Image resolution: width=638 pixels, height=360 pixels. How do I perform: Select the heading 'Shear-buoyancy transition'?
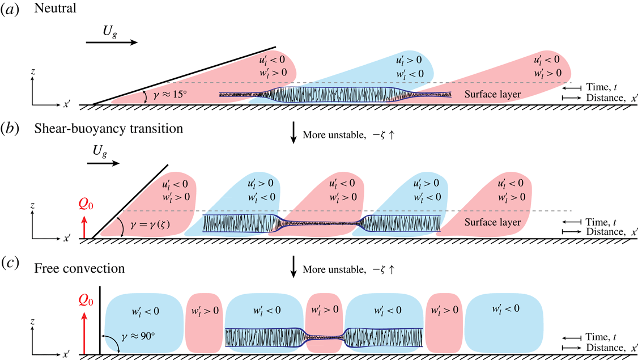tap(108, 129)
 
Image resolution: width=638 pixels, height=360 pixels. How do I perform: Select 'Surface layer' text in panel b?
tap(492, 223)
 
